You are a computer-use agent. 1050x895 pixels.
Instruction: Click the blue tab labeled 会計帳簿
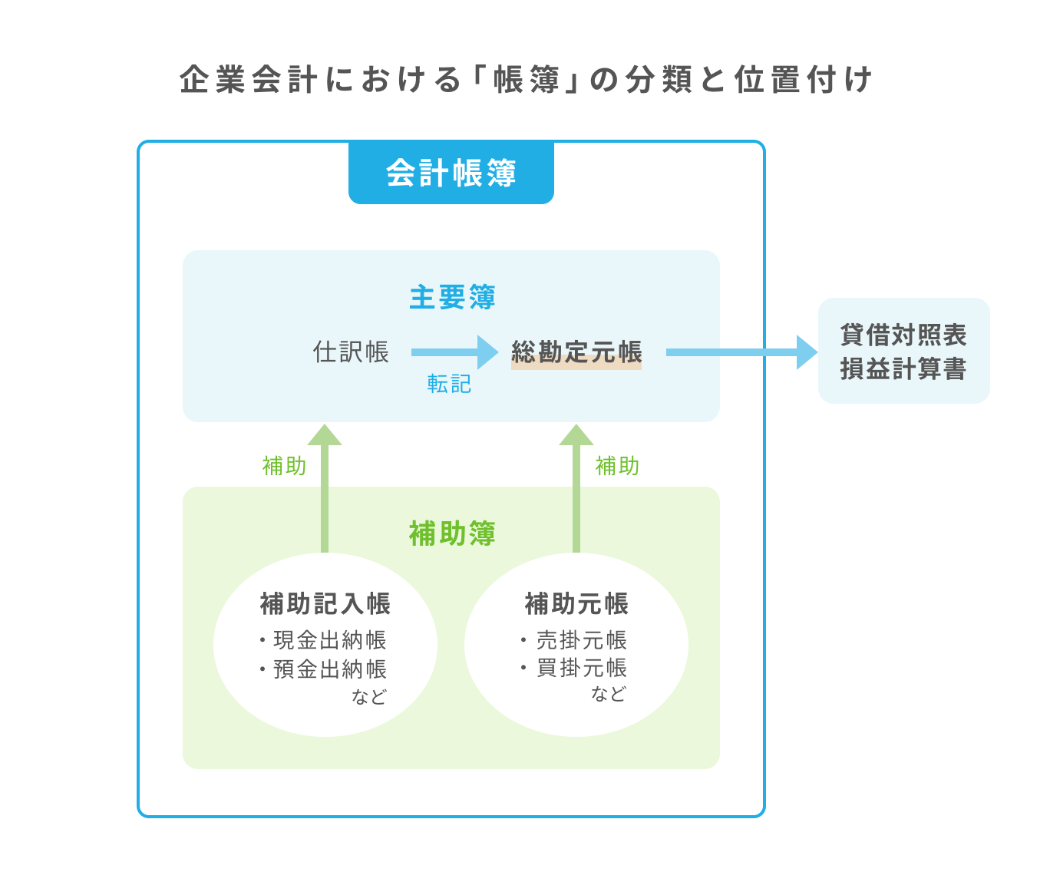[451, 173]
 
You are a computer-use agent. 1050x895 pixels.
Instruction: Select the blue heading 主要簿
[451, 297]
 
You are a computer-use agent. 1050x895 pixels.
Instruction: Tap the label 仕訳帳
[351, 352]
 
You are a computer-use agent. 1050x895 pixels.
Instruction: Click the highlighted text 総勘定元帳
[576, 352]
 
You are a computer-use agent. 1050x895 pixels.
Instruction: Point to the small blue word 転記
[449, 384]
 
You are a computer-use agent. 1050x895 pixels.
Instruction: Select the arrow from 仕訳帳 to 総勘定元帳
[454, 352]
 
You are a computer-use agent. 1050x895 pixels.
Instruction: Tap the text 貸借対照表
[903, 335]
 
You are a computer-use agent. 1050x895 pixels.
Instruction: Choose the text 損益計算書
[903, 369]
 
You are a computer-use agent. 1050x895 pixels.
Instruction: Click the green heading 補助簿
[451, 533]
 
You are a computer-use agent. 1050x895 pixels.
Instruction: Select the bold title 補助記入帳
[325, 604]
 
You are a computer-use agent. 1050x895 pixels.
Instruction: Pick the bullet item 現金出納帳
[330, 640]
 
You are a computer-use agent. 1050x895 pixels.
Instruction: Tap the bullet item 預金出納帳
[330, 669]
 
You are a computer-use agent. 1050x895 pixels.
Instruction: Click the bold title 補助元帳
[576, 604]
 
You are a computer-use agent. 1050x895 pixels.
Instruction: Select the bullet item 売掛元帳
[582, 640]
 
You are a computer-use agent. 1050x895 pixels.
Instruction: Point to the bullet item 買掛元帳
[582, 668]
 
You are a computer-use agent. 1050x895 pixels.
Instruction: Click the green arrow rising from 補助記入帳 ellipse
[325, 491]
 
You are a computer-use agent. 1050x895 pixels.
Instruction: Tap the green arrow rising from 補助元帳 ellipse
[576, 491]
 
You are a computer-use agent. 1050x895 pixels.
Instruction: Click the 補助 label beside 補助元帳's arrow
[617, 466]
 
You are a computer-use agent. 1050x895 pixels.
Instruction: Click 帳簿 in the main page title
[527, 80]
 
